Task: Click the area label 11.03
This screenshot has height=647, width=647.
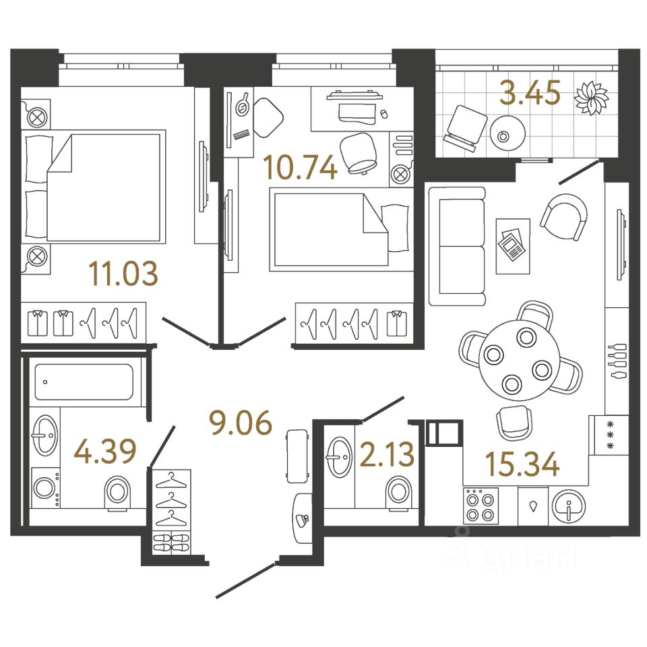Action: click(x=123, y=274)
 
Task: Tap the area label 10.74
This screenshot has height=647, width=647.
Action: click(x=301, y=166)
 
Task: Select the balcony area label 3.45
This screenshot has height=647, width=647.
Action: click(x=530, y=94)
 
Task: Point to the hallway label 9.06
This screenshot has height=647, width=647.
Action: click(x=240, y=424)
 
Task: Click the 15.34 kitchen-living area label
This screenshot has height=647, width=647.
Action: click(x=522, y=464)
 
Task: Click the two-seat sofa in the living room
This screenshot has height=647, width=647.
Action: click(x=456, y=245)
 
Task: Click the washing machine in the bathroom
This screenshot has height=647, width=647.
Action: click(x=45, y=489)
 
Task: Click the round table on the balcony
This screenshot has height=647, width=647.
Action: click(x=503, y=133)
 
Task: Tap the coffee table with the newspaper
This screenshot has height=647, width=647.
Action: click(x=512, y=245)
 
